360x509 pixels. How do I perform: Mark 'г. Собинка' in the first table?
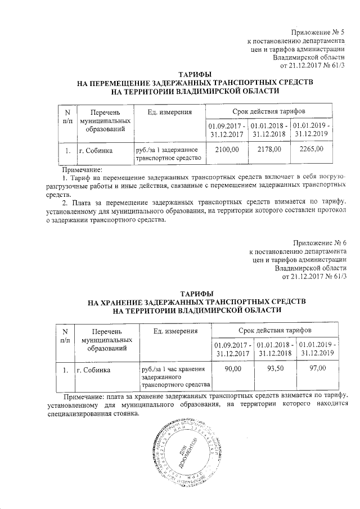(x=95, y=151)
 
